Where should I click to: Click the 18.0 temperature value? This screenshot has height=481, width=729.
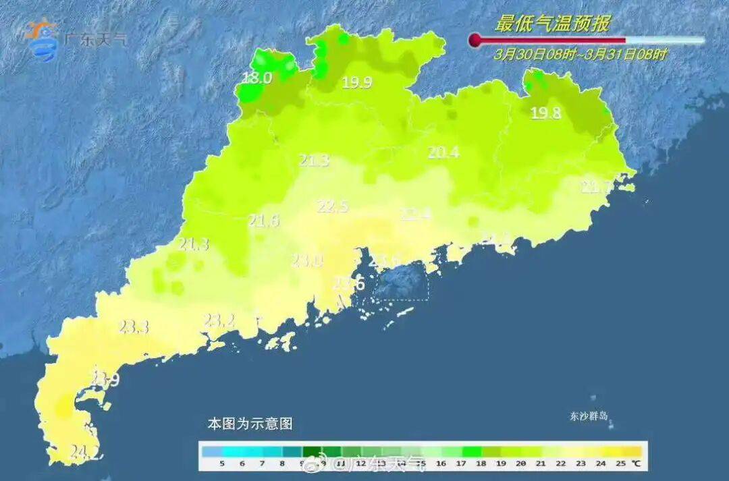point(257,78)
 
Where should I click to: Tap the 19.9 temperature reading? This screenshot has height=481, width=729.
point(356,83)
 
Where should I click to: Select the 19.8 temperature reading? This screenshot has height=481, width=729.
point(545,113)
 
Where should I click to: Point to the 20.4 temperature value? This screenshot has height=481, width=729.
point(443,152)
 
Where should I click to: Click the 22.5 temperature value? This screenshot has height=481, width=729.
point(333,206)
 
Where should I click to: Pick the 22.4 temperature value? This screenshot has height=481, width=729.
point(415,214)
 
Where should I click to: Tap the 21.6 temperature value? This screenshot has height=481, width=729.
point(263,220)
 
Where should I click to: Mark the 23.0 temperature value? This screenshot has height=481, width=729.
point(307,260)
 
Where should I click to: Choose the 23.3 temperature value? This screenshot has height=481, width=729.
point(133,327)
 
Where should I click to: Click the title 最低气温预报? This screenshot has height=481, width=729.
point(552,24)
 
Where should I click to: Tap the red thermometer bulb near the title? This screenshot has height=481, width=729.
point(475,40)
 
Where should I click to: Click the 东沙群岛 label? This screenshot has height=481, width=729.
point(588,416)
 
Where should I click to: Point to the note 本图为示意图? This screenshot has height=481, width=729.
point(250,424)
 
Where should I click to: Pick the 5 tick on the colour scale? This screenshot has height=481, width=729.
point(221,463)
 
